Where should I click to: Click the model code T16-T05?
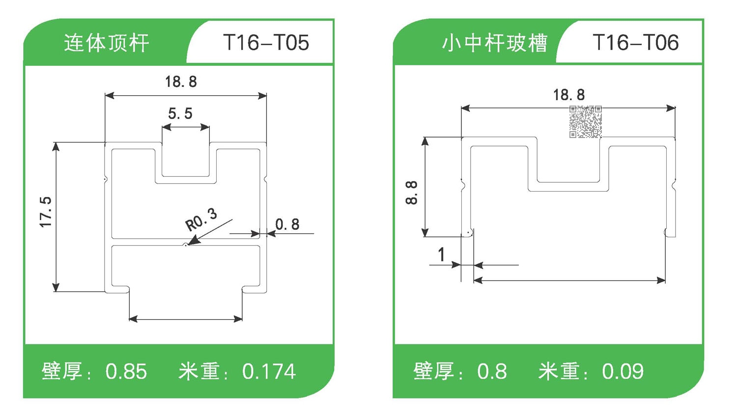[266, 43]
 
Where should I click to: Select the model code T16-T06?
[635, 43]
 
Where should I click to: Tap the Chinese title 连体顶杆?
[106, 43]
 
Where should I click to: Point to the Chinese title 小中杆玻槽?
[494, 43]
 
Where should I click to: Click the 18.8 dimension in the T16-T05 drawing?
[181, 82]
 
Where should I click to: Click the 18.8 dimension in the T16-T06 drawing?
[569, 94]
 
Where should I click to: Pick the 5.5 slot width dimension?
[180, 113]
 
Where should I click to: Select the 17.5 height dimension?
[46, 212]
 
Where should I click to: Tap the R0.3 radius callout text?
[201, 219]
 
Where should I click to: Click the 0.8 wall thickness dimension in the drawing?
[287, 224]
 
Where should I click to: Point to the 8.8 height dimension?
[412, 192]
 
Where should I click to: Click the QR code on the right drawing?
[585, 121]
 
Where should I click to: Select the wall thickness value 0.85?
[126, 372]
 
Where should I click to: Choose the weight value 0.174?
[269, 372]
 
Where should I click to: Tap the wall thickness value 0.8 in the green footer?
[492, 372]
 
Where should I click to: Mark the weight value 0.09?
[623, 372]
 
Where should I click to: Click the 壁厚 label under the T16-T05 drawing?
[62, 371]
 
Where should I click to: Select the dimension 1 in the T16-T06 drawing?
[441, 254]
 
